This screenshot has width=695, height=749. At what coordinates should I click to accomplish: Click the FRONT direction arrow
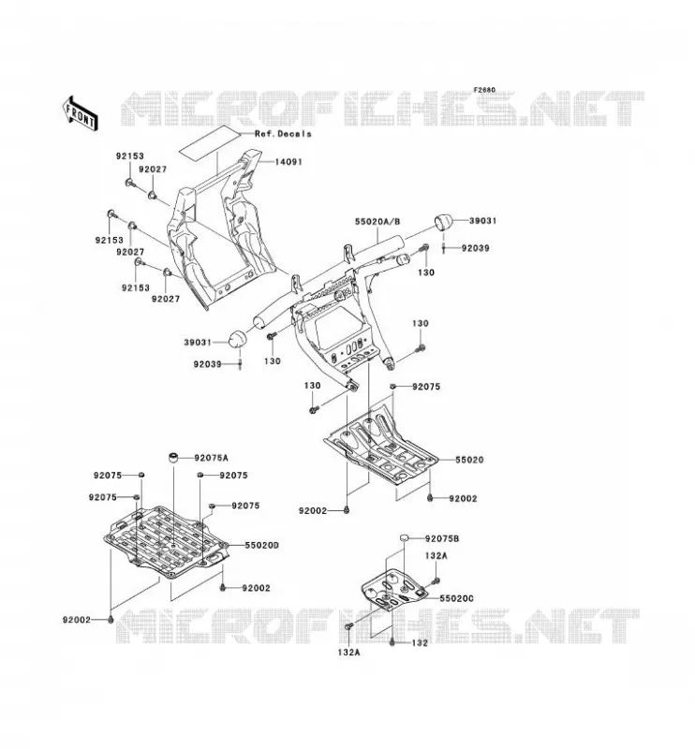tap(80, 113)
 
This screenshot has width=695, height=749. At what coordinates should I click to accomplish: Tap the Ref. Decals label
tap(283, 134)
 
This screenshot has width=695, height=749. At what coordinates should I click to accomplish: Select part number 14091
tap(288, 162)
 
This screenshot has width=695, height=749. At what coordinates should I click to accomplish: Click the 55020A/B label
tap(377, 222)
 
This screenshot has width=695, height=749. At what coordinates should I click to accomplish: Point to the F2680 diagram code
tap(484, 90)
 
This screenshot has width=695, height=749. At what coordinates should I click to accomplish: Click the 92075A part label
tap(212, 458)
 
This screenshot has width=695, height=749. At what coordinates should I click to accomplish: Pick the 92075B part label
tap(442, 539)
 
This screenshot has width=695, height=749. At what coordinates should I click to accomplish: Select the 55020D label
tap(262, 545)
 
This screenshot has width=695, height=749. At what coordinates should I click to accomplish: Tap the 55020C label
tap(456, 598)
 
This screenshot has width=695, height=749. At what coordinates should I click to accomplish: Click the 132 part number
tap(420, 643)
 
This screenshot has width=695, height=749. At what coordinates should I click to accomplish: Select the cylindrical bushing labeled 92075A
tap(172, 457)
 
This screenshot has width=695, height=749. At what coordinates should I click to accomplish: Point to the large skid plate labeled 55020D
tap(167, 542)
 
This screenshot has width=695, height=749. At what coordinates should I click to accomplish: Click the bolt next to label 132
tap(392, 642)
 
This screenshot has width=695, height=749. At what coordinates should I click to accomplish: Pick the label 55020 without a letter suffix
tap(469, 460)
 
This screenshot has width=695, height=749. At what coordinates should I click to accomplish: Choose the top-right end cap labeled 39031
tap(443, 223)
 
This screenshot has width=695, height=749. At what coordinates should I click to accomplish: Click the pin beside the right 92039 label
tap(444, 248)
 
